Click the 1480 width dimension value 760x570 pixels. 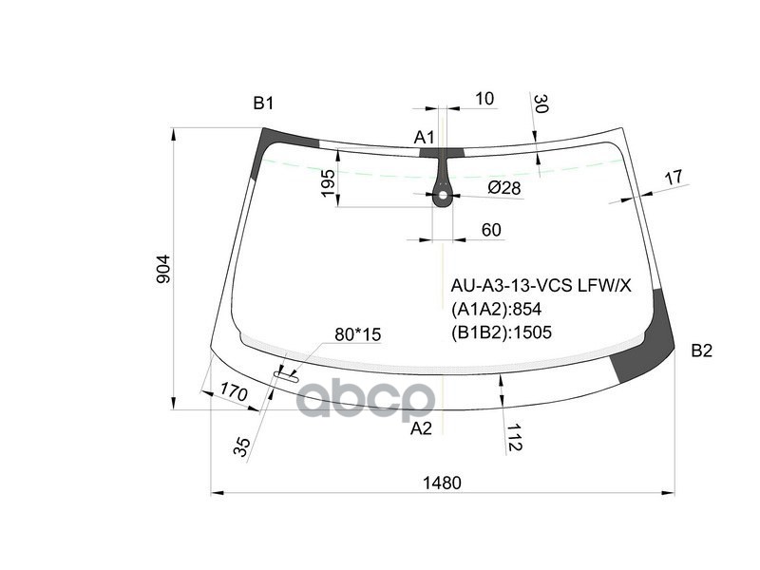point(442,483)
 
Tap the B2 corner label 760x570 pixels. point(701,351)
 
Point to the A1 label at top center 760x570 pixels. point(424,138)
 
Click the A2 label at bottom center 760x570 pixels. point(421,428)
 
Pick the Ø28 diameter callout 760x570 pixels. point(504,188)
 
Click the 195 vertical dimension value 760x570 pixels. point(328,184)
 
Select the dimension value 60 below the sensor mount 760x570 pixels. point(491,229)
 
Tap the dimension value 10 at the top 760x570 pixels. point(484,98)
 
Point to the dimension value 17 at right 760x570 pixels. point(673,177)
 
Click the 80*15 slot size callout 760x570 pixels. point(357,334)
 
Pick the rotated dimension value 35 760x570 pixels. point(243,446)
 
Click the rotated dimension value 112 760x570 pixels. point(513,438)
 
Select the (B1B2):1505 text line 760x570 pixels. point(501,332)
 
